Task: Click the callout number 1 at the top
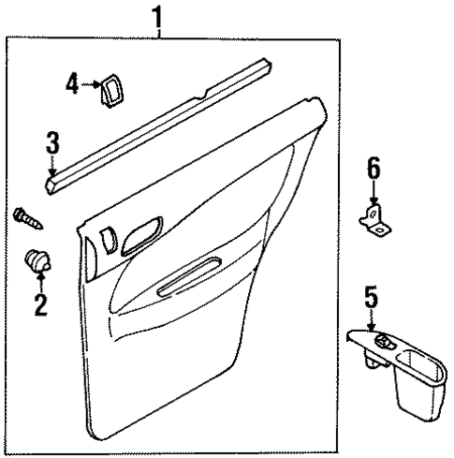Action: [160, 15]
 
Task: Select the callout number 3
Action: [53, 143]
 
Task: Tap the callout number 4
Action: [71, 83]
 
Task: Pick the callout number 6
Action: [373, 169]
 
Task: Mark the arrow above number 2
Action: [39, 279]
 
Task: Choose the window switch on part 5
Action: [382, 342]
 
